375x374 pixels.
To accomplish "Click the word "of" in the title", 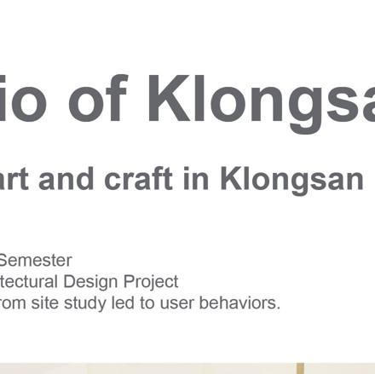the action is pyautogui.click(x=97, y=98).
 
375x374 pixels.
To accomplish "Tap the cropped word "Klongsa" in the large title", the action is pyautogui.click(x=261, y=103).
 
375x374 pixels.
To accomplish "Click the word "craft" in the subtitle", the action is pyautogui.click(x=138, y=179).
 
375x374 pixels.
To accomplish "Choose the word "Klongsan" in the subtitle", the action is pyautogui.click(x=291, y=181).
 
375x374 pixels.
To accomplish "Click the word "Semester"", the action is pyautogui.click(x=35, y=260).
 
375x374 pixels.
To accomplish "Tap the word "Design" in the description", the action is pyautogui.click(x=90, y=282).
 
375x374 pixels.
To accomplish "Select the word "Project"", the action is pyautogui.click(x=151, y=282).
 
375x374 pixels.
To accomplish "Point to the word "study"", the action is pyautogui.click(x=85, y=304).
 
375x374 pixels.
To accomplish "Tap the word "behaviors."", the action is pyautogui.click(x=239, y=303).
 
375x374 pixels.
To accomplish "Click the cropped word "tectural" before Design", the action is pyautogui.click(x=28, y=282).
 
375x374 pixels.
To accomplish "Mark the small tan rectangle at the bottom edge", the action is pyautogui.click(x=300, y=368).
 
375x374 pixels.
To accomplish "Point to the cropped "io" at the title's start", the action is pyautogui.click(x=23, y=98).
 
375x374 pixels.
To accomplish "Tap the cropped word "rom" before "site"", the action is pyautogui.click(x=13, y=304).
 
